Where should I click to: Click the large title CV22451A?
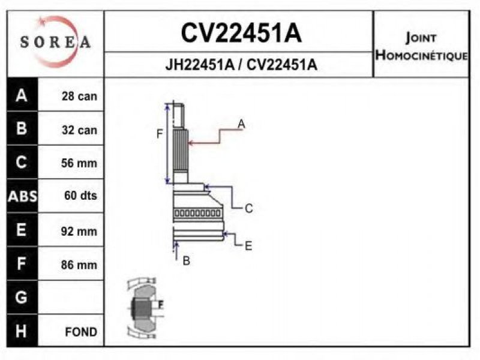click(241, 34)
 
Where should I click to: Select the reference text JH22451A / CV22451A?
click(241, 65)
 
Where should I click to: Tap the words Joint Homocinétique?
click(421, 47)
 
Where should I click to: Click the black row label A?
click(22, 95)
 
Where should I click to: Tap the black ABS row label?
click(22, 196)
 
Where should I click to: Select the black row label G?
click(22, 298)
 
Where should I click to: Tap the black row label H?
click(22, 331)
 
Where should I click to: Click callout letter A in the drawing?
click(241, 124)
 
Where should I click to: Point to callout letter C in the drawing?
click(248, 209)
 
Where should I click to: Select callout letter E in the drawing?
click(248, 245)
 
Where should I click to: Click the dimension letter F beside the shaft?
click(160, 134)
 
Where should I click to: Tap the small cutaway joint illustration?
click(144, 307)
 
